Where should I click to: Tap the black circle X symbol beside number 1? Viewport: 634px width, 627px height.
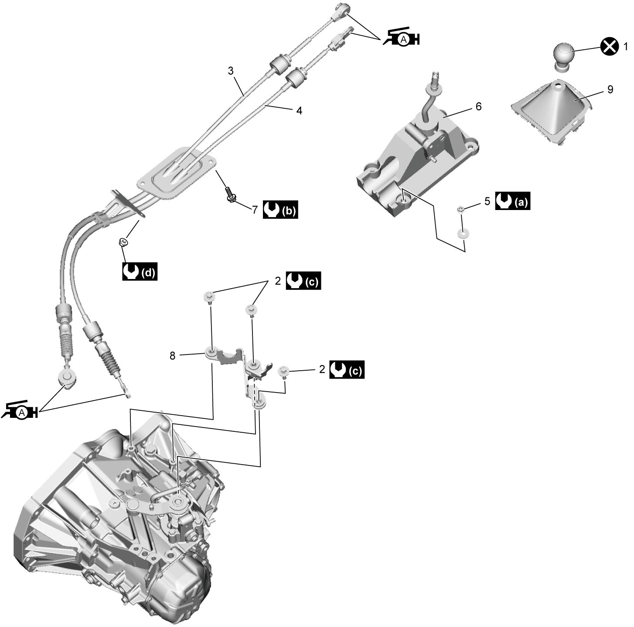click(x=609, y=47)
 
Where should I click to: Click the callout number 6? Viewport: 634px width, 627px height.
click(x=478, y=107)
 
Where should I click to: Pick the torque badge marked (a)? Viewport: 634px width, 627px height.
click(x=513, y=200)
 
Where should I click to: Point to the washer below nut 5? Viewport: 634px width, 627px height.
click(x=462, y=234)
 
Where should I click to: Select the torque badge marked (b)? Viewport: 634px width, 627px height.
click(x=280, y=210)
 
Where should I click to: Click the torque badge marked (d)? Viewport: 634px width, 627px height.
click(x=140, y=272)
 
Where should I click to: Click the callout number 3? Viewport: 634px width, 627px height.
click(x=231, y=70)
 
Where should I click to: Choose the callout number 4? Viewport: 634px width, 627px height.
click(x=299, y=111)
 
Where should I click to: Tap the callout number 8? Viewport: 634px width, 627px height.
click(x=172, y=356)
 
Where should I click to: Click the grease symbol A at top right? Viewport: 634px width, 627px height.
click(x=401, y=38)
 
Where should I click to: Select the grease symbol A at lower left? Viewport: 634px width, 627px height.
click(x=20, y=411)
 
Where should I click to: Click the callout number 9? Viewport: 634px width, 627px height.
click(x=610, y=89)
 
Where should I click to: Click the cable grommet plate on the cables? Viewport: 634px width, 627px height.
click(x=177, y=172)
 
